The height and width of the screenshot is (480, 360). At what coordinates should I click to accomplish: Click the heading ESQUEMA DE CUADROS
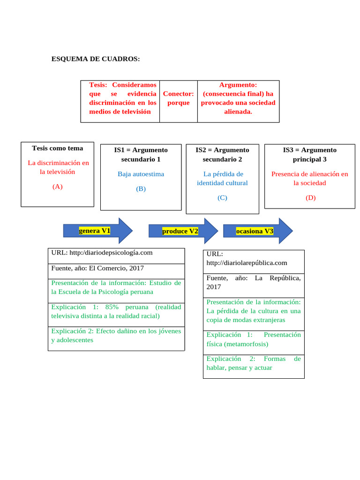95,59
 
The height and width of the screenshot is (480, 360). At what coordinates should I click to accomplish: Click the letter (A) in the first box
57,187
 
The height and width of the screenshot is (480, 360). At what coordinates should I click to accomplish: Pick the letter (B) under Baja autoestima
141,189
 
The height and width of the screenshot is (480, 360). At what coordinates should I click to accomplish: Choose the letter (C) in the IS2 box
222,198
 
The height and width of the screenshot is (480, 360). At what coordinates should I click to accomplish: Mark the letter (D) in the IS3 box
310,198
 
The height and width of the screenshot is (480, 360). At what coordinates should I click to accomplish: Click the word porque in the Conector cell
178,103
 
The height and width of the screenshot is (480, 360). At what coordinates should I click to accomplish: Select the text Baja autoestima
141,174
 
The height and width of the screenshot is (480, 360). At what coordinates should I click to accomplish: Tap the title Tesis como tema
57,148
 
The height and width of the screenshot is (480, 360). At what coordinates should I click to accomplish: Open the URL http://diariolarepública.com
247,263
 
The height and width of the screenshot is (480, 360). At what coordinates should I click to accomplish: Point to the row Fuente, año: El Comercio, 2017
97,268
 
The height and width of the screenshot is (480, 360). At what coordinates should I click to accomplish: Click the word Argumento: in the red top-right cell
238,85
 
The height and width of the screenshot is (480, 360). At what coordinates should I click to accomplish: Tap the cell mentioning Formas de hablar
253,363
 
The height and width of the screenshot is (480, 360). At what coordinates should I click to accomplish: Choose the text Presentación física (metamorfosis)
253,339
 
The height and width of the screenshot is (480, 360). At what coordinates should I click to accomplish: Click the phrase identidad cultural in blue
222,183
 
